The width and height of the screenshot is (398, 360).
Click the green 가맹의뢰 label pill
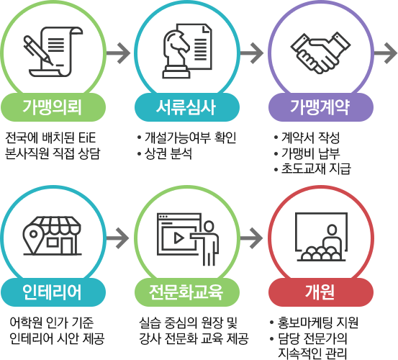tap(53, 107)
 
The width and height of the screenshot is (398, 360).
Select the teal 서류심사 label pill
tap(187, 107)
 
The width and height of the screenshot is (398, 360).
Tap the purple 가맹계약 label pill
tap(321, 107)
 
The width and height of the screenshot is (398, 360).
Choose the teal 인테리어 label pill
tap(53, 292)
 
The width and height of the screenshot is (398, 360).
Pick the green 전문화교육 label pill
tap(187, 292)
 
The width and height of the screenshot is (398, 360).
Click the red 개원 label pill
tap(321, 292)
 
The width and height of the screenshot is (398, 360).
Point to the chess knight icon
tap(176, 54)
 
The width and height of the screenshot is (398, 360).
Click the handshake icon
tap(320, 53)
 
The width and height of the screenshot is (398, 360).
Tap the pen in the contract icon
tap(38, 50)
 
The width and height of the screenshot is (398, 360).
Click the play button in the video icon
tap(179, 238)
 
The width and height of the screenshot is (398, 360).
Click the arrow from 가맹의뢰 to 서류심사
tap(118, 53)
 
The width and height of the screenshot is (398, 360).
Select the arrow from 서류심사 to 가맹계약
tap(252, 53)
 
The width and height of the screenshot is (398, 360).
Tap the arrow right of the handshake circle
tap(386, 53)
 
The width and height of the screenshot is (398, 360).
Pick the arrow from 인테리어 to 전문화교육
tap(118, 238)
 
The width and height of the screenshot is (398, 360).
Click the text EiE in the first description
tap(87, 138)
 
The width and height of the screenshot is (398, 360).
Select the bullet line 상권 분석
tap(165, 153)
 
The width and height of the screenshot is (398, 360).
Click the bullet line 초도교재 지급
tap(312, 168)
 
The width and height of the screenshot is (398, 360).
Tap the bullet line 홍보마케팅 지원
tap(315, 323)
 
